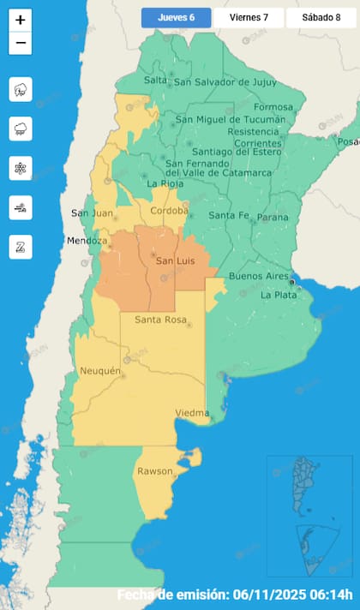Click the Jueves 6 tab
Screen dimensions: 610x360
176,17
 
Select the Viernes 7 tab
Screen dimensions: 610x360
248,17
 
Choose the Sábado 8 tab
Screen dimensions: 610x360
321,17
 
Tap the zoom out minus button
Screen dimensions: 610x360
21,43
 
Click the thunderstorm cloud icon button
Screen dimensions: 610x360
21,89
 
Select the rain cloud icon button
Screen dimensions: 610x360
21,129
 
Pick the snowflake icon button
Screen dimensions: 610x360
21,168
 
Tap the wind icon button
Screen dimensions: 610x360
21,207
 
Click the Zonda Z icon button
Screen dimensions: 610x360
21,247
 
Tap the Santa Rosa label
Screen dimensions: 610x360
160,320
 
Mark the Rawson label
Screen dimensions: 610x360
154,471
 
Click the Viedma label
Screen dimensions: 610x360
192,413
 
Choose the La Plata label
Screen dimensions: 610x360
279,295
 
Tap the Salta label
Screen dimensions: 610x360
155,80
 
